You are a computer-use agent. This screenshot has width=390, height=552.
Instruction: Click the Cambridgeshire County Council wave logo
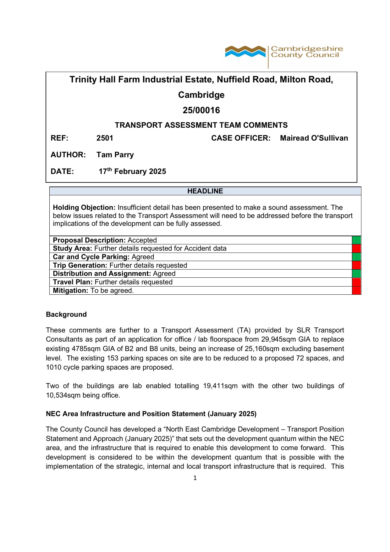click(245, 52)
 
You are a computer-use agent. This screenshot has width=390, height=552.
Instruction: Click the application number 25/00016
click(201, 110)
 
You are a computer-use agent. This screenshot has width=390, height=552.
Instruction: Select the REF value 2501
click(105, 138)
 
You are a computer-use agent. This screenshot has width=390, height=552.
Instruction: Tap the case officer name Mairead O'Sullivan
click(314, 138)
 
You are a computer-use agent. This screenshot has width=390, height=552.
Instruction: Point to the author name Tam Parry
click(115, 155)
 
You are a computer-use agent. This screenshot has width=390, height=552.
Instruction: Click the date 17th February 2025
click(132, 171)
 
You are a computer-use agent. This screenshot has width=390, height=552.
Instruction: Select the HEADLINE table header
click(205, 191)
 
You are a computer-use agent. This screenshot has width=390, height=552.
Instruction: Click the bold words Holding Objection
click(84, 208)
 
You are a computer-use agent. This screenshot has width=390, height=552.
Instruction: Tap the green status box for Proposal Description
click(356, 240)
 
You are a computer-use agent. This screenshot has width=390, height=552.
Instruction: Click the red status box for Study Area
click(356, 248)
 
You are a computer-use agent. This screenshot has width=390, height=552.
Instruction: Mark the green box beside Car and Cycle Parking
click(356, 257)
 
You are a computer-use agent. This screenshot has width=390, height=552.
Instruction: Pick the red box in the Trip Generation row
click(356, 265)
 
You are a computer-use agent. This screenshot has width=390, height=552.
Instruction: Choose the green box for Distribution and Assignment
click(356, 274)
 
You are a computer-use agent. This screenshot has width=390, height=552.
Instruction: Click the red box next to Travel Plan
click(356, 282)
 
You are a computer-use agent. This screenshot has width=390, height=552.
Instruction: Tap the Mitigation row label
click(70, 291)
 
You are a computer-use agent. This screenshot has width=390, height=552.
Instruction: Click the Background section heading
click(66, 315)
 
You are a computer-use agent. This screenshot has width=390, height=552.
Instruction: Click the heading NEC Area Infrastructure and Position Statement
click(151, 414)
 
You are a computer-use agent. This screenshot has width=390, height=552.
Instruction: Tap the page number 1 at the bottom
click(195, 478)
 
